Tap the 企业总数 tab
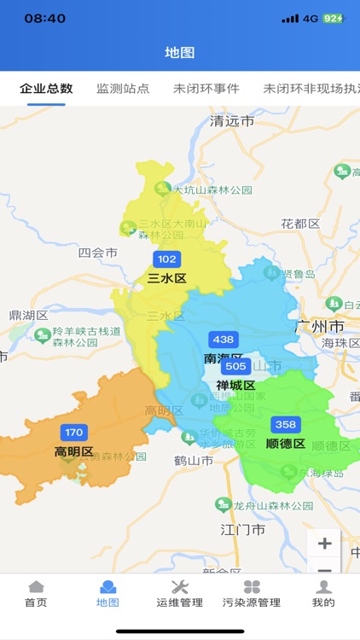click(x=46, y=89)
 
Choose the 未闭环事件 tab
click(x=206, y=89)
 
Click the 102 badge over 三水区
click(x=166, y=259)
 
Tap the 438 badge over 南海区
click(x=224, y=340)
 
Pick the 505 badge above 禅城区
click(x=235, y=367)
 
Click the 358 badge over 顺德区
click(x=285, y=425)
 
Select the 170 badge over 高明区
click(x=74, y=433)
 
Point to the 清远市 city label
click(x=232, y=121)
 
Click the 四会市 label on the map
click(x=97, y=253)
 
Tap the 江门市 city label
click(x=243, y=530)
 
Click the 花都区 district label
click(x=300, y=224)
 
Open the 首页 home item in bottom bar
click(x=36, y=593)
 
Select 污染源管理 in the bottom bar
click(x=252, y=593)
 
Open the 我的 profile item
click(x=323, y=593)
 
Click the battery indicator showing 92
click(x=333, y=18)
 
